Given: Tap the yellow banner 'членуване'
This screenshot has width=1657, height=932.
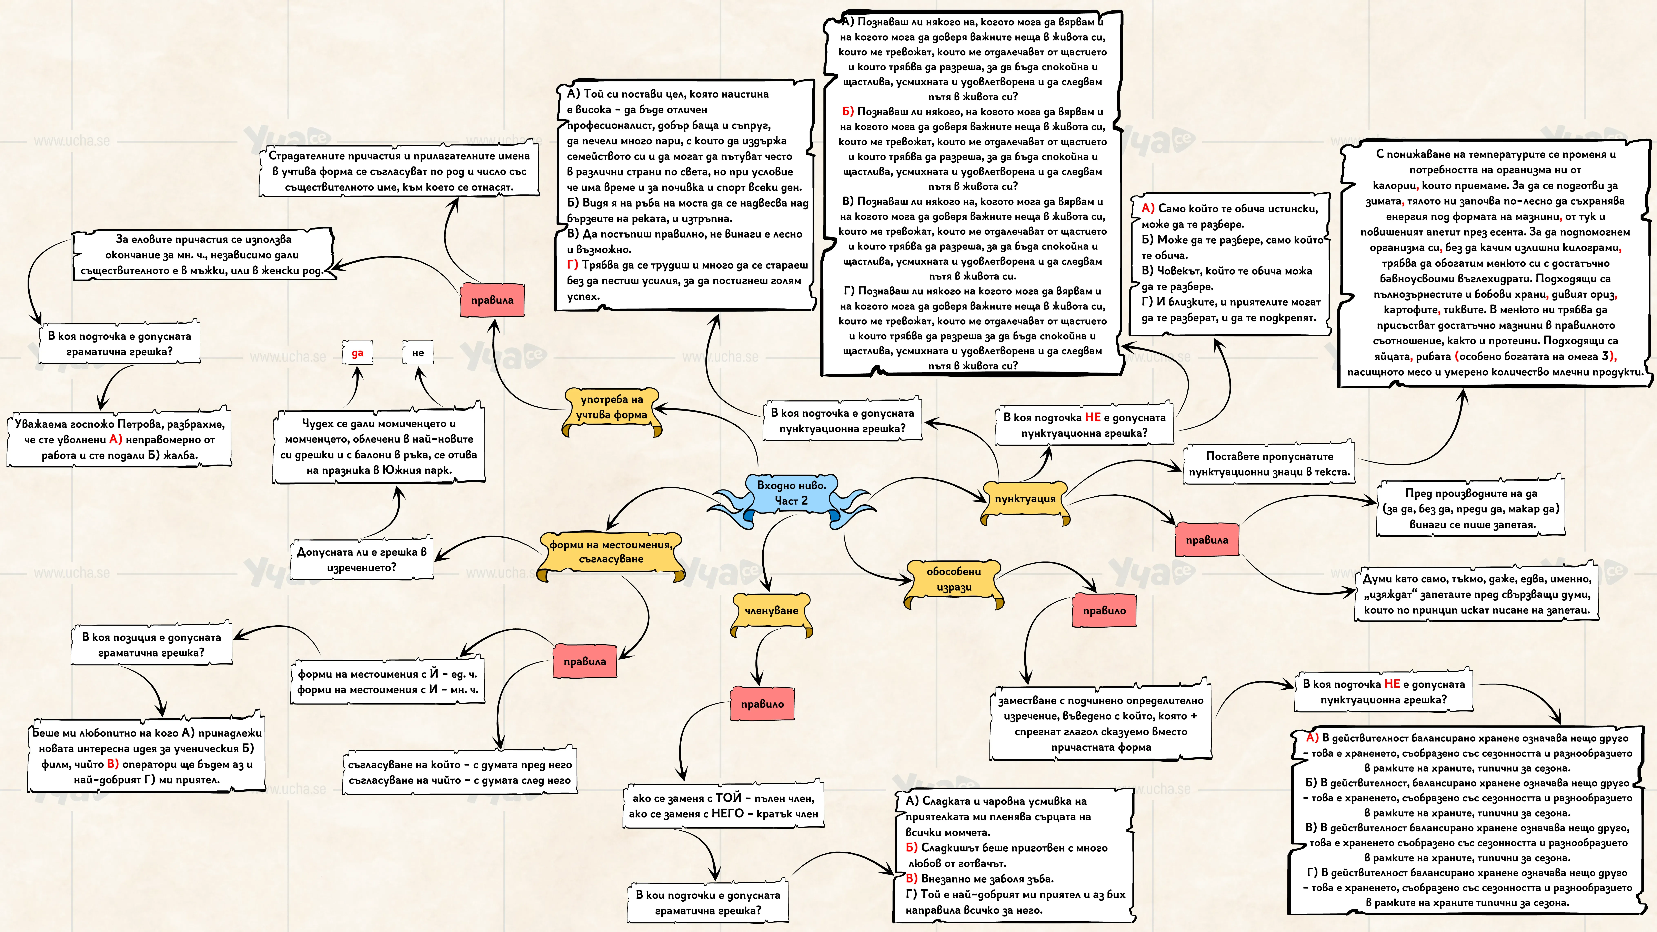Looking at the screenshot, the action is pos(771,611).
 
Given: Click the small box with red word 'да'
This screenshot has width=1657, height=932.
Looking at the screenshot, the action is pos(358,353).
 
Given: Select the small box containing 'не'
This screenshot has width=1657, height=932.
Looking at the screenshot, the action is pos(418,353).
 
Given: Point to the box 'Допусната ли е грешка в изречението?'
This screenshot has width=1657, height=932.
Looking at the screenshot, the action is pos(362,560).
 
